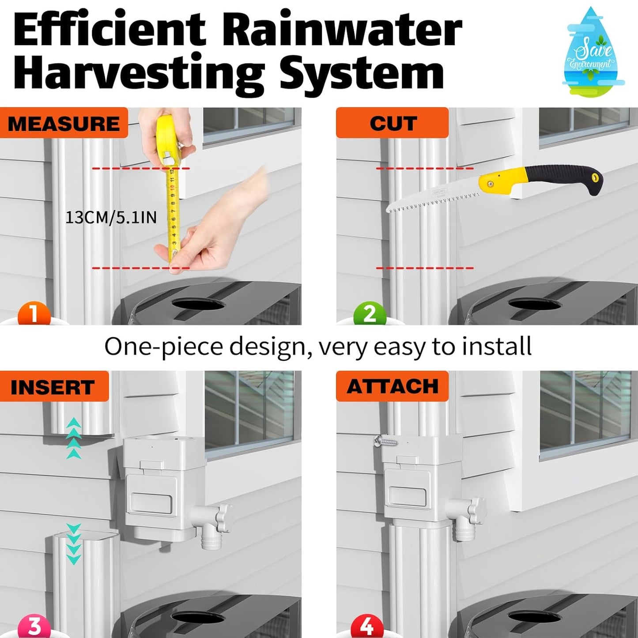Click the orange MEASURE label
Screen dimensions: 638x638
coord(64,123)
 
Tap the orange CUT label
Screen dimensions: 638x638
coord(392,123)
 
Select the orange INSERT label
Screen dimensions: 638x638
coord(53,387)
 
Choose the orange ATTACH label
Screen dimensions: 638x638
coord(392,387)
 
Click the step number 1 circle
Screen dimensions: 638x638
coord(34,315)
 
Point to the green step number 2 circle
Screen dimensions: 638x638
coord(370,315)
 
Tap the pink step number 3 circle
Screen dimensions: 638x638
coord(34,627)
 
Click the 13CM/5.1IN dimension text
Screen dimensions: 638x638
coord(111,218)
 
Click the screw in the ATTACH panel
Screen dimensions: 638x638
coord(385,440)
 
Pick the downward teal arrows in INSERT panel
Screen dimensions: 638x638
coord(74,544)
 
